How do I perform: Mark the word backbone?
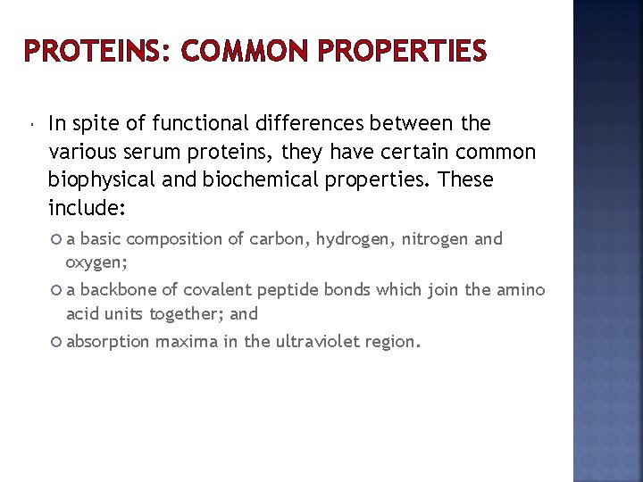tap(116, 290)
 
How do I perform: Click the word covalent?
tap(218, 290)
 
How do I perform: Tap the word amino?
tap(522, 290)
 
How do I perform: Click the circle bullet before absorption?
tap(57, 342)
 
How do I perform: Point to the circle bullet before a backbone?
tap(57, 290)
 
